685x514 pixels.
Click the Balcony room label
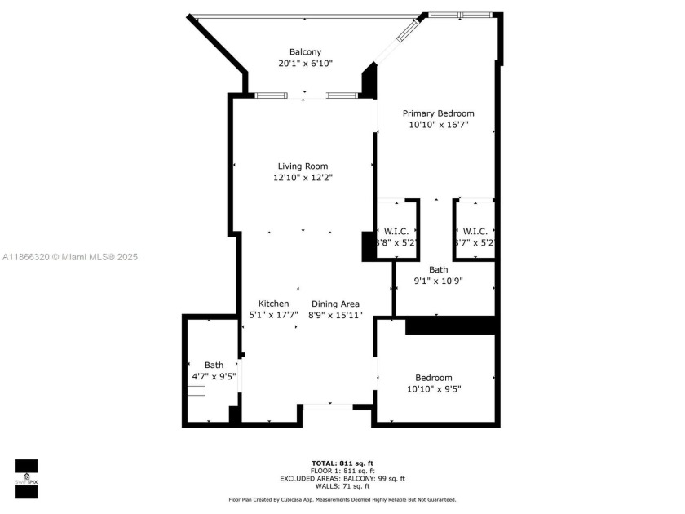tap(305, 52)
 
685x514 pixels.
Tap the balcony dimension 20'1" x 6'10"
tap(305, 64)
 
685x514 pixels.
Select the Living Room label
tap(303, 166)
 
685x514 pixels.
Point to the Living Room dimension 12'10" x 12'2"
tap(303, 178)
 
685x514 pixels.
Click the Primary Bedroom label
tap(438, 113)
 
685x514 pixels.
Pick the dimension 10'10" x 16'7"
tap(438, 125)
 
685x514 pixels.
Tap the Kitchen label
tap(274, 304)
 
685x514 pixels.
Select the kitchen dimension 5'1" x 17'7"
tap(274, 315)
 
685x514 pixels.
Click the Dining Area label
tap(334, 304)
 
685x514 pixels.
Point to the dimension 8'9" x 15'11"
tap(334, 315)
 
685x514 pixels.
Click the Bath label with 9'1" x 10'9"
tap(439, 269)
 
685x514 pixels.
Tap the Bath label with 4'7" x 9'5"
tap(214, 365)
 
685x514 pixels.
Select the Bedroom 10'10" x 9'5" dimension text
tap(434, 389)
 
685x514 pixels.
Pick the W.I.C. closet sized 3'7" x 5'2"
tap(475, 232)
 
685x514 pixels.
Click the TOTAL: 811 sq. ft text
tap(342, 463)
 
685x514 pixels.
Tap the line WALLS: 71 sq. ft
tap(342, 486)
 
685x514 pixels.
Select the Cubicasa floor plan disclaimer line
tap(342, 499)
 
